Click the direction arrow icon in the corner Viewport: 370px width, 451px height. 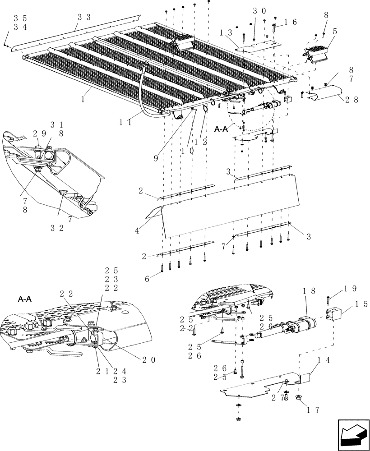351,434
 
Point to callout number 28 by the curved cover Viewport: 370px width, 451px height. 352,100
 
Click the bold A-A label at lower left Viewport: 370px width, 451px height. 24,299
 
